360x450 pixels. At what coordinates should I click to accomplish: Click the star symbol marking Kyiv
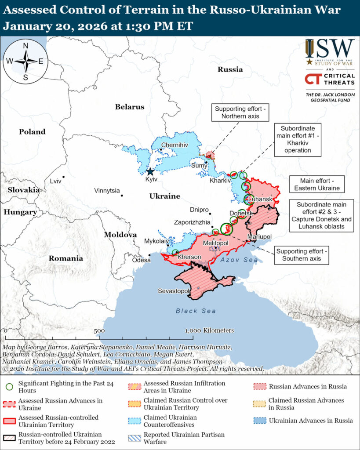point(150,172)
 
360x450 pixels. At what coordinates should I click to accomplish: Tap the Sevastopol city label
point(173,291)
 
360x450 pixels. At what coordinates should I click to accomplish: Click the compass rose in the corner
point(25,62)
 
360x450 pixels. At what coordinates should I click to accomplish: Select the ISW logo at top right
point(330,52)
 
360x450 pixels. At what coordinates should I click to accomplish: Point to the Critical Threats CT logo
point(330,80)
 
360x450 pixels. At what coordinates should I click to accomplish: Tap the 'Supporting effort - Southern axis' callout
point(302,255)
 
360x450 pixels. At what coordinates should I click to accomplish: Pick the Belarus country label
point(130,107)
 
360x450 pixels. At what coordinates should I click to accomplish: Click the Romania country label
point(66,258)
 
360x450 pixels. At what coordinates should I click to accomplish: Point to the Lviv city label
point(55,181)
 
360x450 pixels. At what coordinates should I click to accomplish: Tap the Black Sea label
point(196,311)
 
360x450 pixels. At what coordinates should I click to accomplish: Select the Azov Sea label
point(239,260)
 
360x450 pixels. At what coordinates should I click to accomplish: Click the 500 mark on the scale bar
point(99,330)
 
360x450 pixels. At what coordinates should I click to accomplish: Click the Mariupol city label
point(259,237)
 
